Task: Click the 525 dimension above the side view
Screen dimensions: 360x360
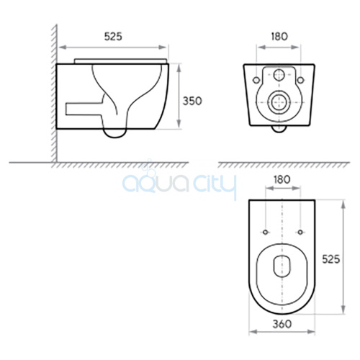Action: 113,37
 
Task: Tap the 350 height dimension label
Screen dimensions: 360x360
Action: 192,101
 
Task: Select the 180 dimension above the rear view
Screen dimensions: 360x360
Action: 279,37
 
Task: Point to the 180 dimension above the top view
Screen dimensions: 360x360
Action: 282,179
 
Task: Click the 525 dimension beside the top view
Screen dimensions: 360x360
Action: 331,259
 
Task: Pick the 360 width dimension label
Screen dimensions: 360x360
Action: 282,324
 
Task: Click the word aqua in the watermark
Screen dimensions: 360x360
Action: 156,184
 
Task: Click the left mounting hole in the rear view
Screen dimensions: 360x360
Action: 256,80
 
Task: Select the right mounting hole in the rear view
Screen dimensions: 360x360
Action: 300,80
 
